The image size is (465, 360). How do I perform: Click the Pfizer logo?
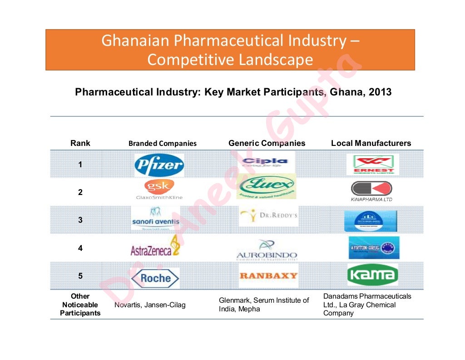[x=159, y=165]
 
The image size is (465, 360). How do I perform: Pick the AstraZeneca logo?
[x=155, y=248]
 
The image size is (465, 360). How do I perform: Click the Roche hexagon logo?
[x=155, y=278]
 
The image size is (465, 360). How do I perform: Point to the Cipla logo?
[x=266, y=162]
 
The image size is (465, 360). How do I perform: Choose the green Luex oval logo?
[x=267, y=186]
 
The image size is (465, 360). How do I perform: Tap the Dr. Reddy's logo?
[x=269, y=215]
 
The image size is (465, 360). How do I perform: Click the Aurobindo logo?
[x=267, y=250]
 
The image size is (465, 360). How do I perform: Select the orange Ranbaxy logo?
[x=268, y=275]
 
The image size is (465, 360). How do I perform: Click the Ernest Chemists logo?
[x=373, y=165]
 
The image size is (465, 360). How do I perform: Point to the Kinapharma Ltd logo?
[x=371, y=191]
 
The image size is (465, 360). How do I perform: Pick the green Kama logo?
[x=372, y=275]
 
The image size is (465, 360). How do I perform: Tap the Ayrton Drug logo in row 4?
[x=374, y=247]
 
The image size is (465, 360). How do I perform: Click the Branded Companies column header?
[x=163, y=144]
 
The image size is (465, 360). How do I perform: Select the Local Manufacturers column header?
[x=371, y=143]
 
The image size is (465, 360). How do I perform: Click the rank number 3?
[x=80, y=220]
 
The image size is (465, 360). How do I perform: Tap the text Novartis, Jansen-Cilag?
[x=150, y=305]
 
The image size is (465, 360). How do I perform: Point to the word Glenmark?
[x=234, y=300]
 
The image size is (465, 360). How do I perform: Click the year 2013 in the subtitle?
[x=380, y=92]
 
